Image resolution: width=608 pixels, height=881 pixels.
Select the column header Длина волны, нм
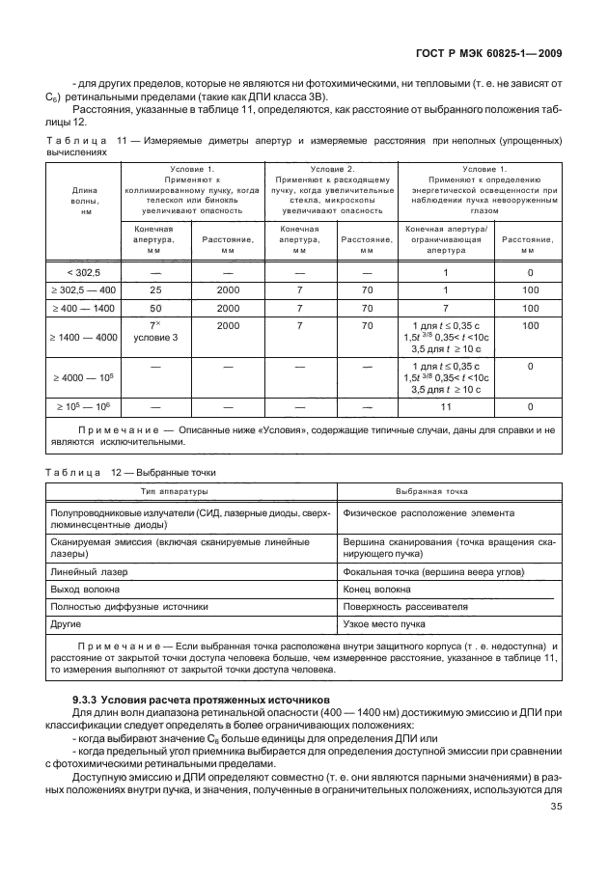85,198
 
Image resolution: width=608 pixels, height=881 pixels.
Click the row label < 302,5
85,273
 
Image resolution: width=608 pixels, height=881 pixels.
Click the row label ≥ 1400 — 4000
85,338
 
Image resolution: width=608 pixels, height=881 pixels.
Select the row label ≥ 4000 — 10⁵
85,377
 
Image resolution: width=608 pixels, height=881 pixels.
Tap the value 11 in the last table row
445,407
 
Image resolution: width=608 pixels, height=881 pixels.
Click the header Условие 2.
331,169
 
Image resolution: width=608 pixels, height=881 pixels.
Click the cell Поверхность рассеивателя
404,607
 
